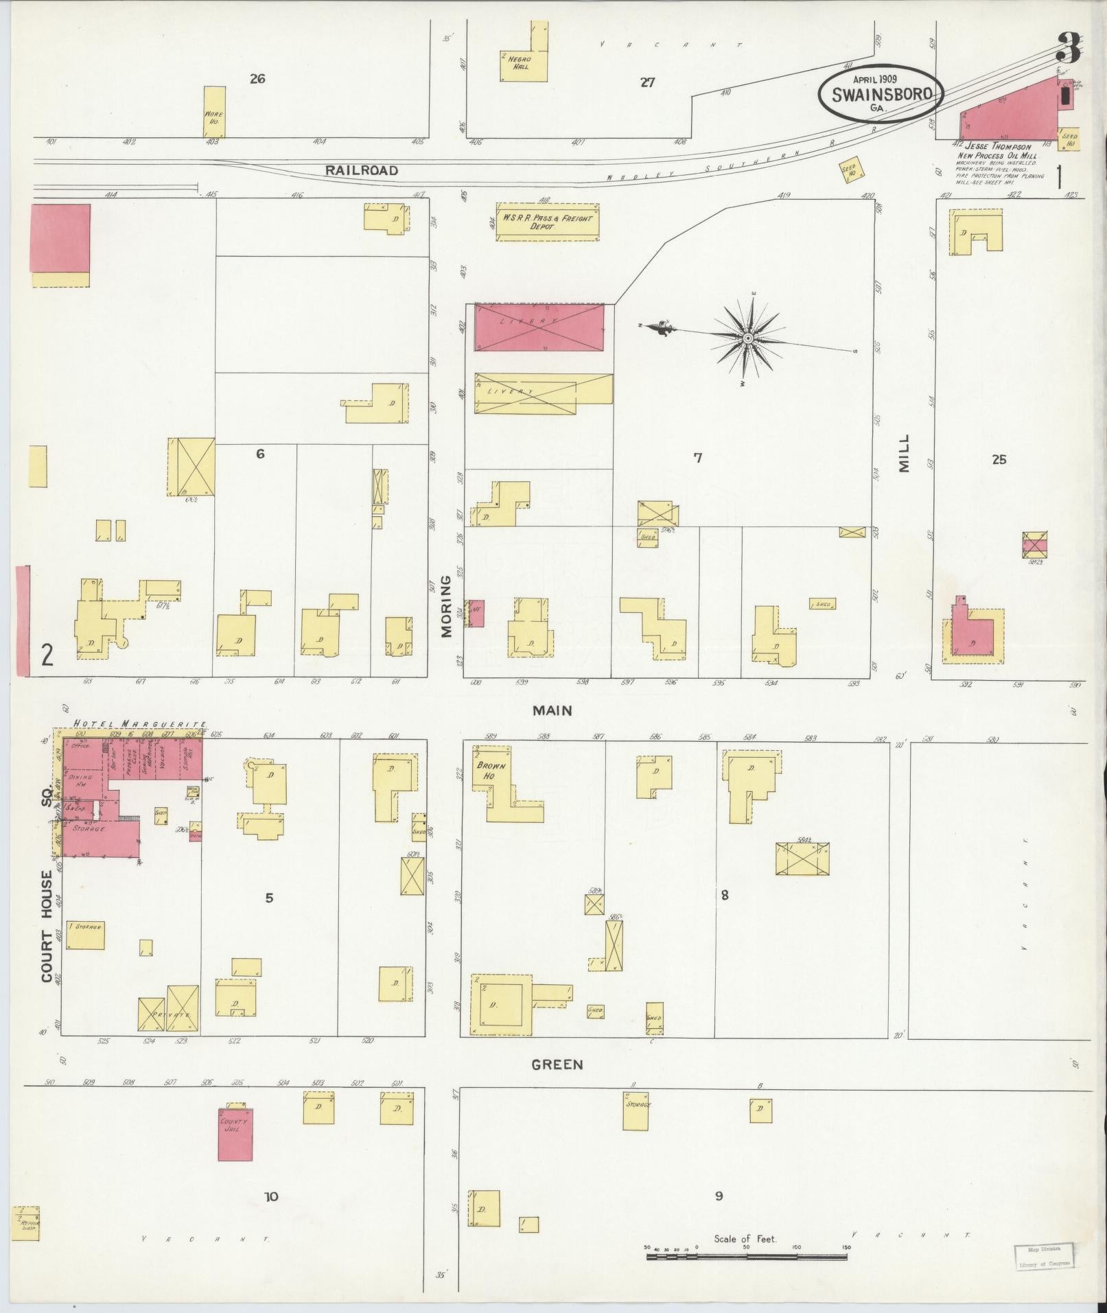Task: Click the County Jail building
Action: click(x=235, y=1134)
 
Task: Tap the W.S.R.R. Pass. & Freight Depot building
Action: click(x=547, y=222)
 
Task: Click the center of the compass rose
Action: click(x=748, y=338)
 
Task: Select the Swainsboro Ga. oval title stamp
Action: click(x=881, y=95)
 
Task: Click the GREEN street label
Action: click(x=557, y=1065)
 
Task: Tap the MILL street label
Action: click(x=903, y=453)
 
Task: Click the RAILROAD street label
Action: click(x=362, y=170)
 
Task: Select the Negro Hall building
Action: click(x=524, y=65)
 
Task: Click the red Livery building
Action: click(x=539, y=328)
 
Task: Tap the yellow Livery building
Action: click(x=542, y=393)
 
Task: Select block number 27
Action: click(x=647, y=83)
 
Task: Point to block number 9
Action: click(x=719, y=1196)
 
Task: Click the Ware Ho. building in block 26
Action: click(x=215, y=111)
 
